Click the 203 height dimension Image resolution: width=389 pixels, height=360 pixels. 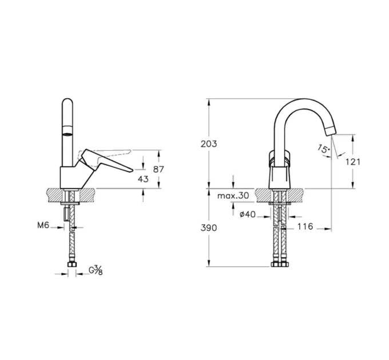point(209,144)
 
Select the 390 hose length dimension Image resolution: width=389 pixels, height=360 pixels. point(209,227)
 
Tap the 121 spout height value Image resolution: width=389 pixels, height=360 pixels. point(352,162)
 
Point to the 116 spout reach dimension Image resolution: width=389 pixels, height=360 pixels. point(305,226)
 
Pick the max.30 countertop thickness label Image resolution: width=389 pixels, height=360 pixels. point(233,196)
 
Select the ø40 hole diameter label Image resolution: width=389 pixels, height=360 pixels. point(247,214)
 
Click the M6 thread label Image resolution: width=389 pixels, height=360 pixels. point(43,225)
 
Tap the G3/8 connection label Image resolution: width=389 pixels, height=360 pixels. point(96,270)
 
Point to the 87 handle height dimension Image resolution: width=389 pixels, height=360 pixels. point(158,170)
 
